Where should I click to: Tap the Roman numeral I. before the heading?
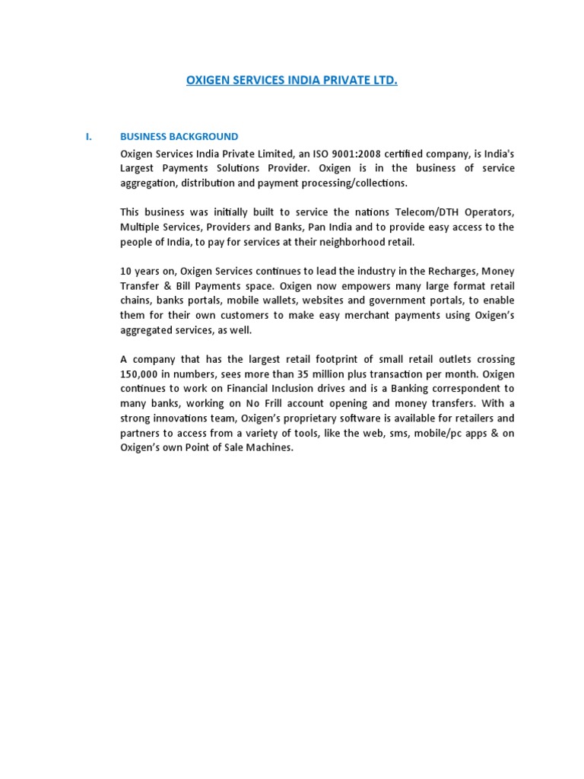(88, 137)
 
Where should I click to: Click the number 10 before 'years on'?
(126, 272)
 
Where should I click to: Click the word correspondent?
(463, 389)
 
